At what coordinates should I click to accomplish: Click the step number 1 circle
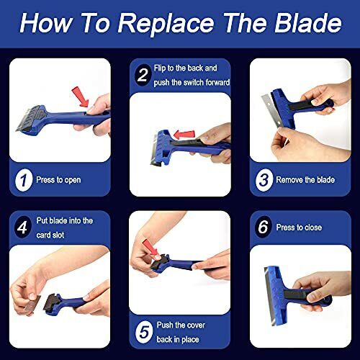24,180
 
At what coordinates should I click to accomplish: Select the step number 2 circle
142,73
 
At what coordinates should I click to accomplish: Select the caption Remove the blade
305,180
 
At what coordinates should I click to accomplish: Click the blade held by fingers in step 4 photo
31,306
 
